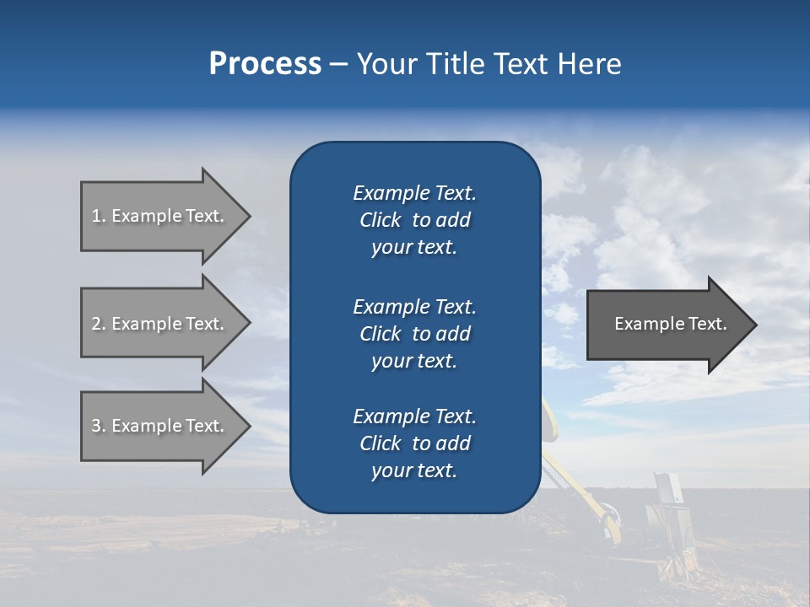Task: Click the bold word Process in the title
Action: tap(265, 64)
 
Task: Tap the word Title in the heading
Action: tap(453, 64)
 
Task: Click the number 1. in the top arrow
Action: tap(99, 216)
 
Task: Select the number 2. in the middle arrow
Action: tap(99, 324)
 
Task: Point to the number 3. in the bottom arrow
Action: tap(99, 426)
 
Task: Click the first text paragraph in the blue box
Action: tap(414, 220)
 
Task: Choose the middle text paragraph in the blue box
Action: tap(414, 334)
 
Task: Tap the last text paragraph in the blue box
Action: tap(414, 443)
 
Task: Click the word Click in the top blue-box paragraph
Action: tap(380, 220)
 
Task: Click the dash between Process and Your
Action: tap(338, 64)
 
